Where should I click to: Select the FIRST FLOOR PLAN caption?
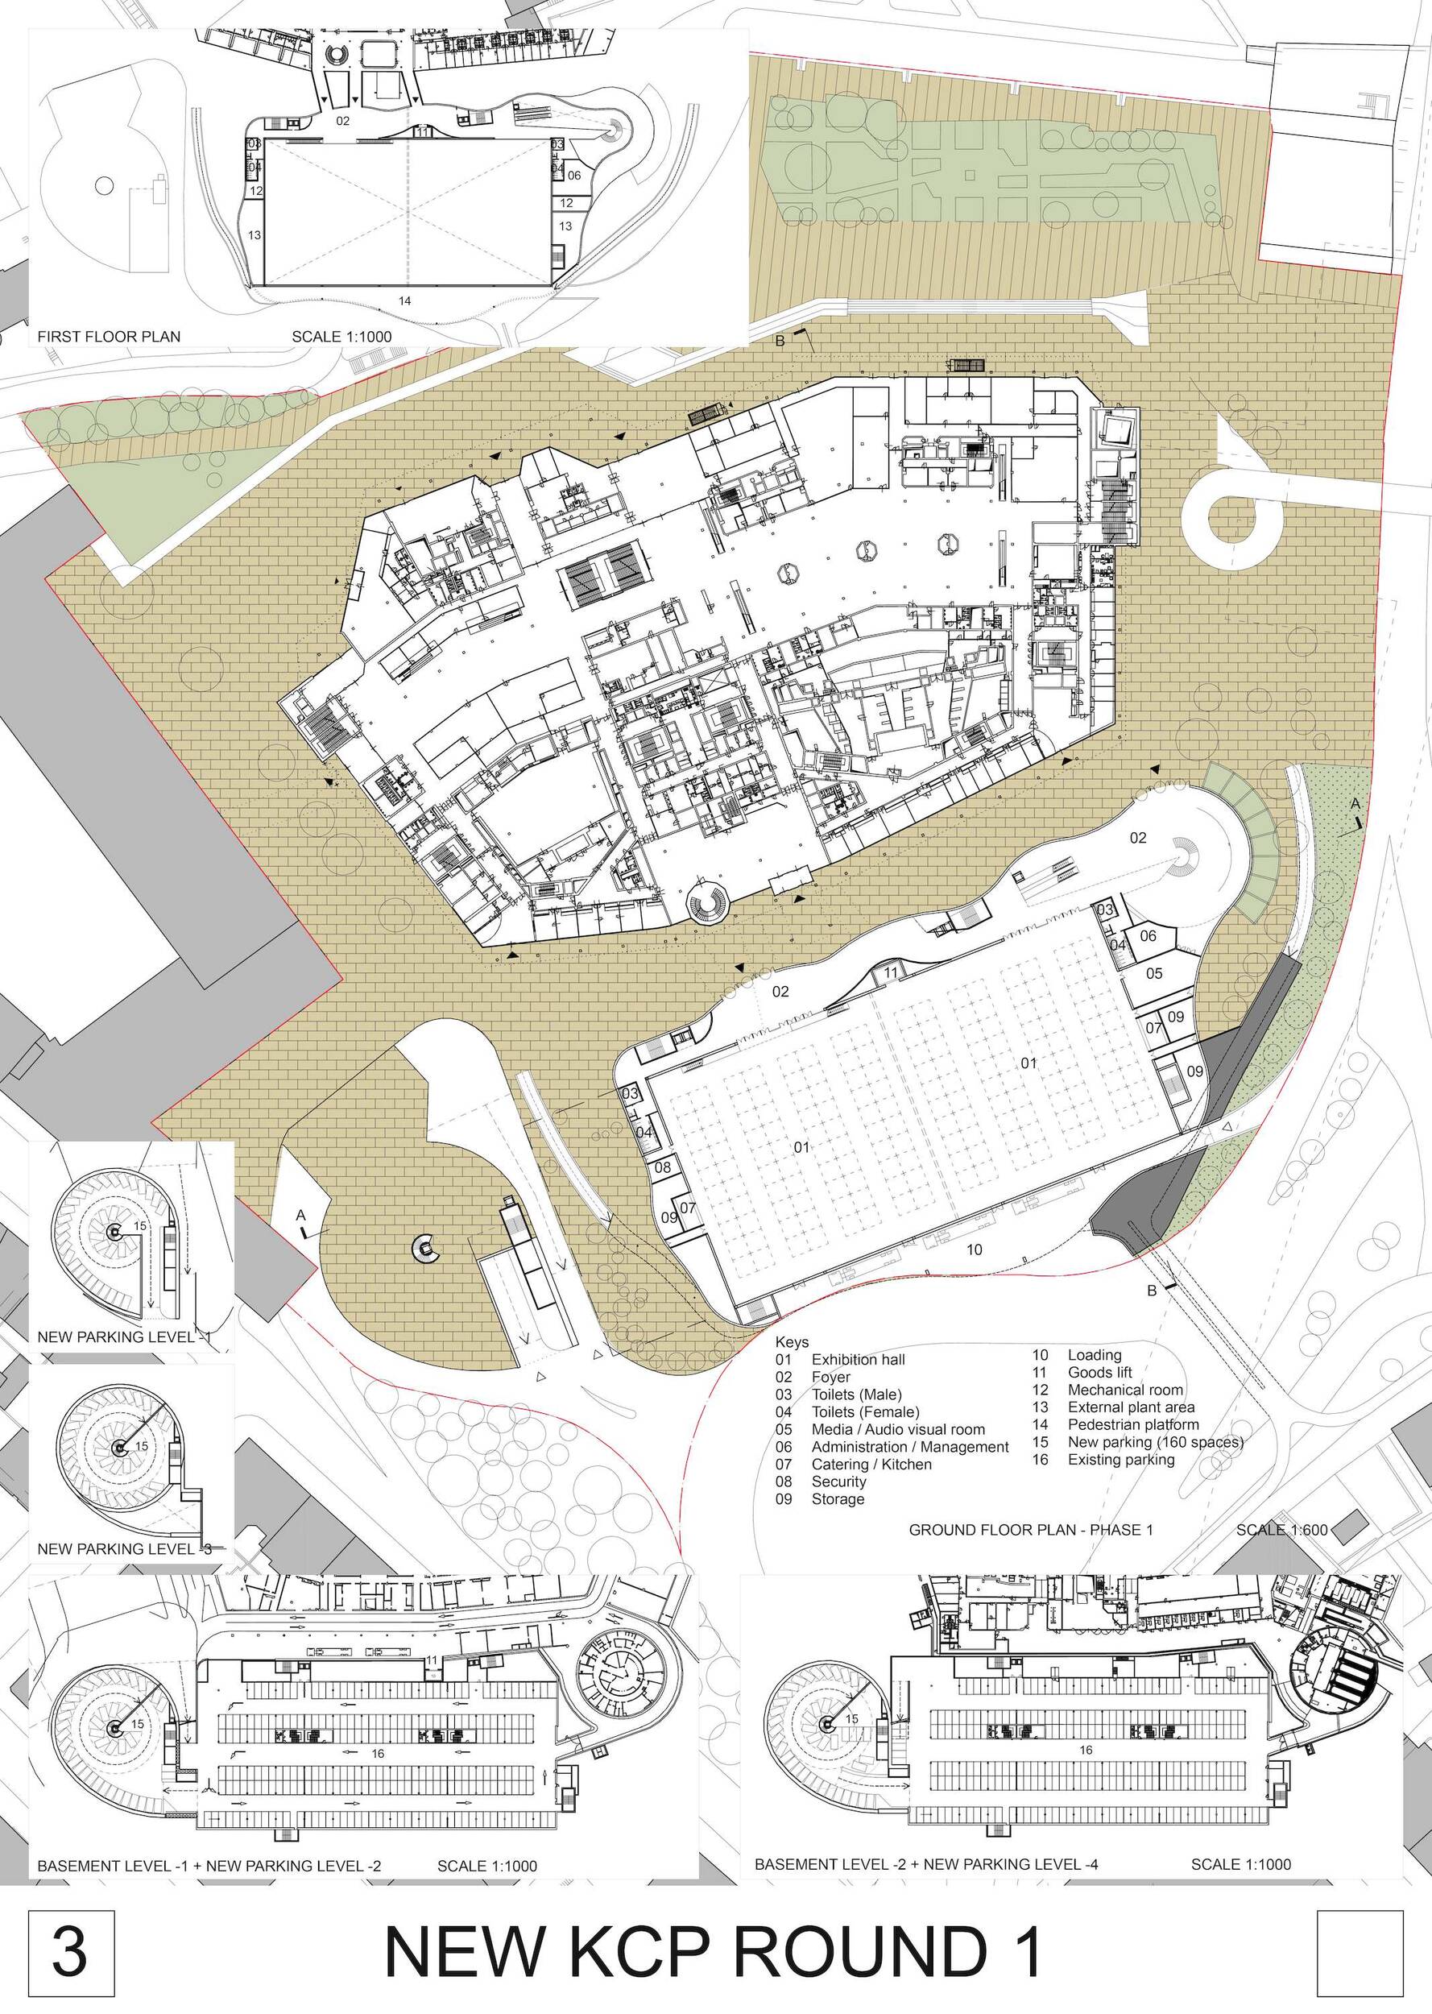(109, 336)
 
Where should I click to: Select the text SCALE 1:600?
(1281, 1529)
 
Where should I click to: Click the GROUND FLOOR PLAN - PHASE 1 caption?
(1031, 1529)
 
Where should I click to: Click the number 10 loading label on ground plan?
(974, 1249)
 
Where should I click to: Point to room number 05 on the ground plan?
(1154, 973)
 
